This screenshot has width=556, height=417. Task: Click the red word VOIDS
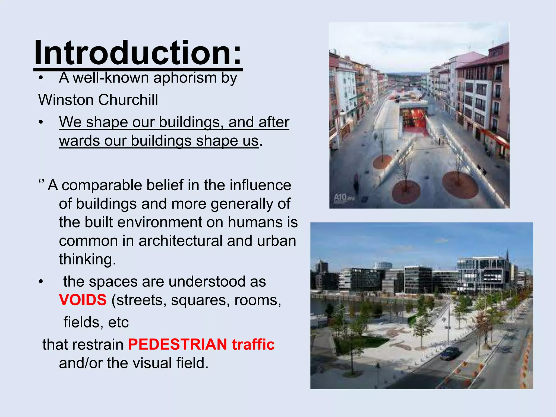(83, 300)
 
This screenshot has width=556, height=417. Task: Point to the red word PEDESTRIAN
(178, 344)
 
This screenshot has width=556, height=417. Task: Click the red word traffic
(253, 344)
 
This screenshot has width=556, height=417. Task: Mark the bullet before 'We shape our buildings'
(41, 122)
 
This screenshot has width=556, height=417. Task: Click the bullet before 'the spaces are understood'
(41, 282)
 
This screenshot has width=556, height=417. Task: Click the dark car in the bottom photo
(451, 353)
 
